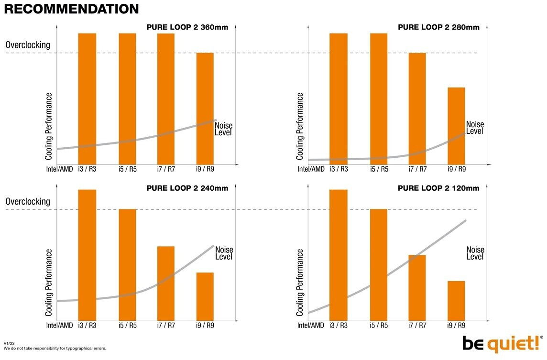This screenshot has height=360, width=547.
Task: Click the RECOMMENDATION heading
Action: click(71, 9)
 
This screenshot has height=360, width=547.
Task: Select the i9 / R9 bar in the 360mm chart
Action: click(205, 108)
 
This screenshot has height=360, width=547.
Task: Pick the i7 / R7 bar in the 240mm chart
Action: click(166, 283)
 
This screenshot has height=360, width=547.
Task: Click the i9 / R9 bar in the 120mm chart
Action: click(456, 301)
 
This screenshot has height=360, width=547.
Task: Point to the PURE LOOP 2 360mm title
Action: click(187, 27)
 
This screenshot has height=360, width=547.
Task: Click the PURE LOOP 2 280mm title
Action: click(438, 27)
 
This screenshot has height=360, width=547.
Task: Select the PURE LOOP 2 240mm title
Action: click(187, 188)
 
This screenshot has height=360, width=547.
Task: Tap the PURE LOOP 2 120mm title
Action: click(438, 188)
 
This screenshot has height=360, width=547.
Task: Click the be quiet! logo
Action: click(500, 344)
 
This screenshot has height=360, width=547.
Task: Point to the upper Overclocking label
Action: click(28, 45)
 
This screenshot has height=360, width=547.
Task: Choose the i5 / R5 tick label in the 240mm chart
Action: click(128, 326)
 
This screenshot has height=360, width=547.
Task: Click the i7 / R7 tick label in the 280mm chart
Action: click(417, 169)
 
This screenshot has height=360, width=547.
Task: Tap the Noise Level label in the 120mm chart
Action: click(475, 253)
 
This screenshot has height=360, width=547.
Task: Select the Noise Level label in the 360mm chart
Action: click(223, 129)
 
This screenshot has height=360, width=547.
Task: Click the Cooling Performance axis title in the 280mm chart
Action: click(300, 126)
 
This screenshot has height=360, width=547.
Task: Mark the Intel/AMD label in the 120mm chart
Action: click(311, 326)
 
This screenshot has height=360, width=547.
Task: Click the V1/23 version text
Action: click(10, 343)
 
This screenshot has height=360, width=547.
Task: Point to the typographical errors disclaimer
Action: click(55, 349)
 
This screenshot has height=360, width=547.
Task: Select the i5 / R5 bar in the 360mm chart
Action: click(128, 98)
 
